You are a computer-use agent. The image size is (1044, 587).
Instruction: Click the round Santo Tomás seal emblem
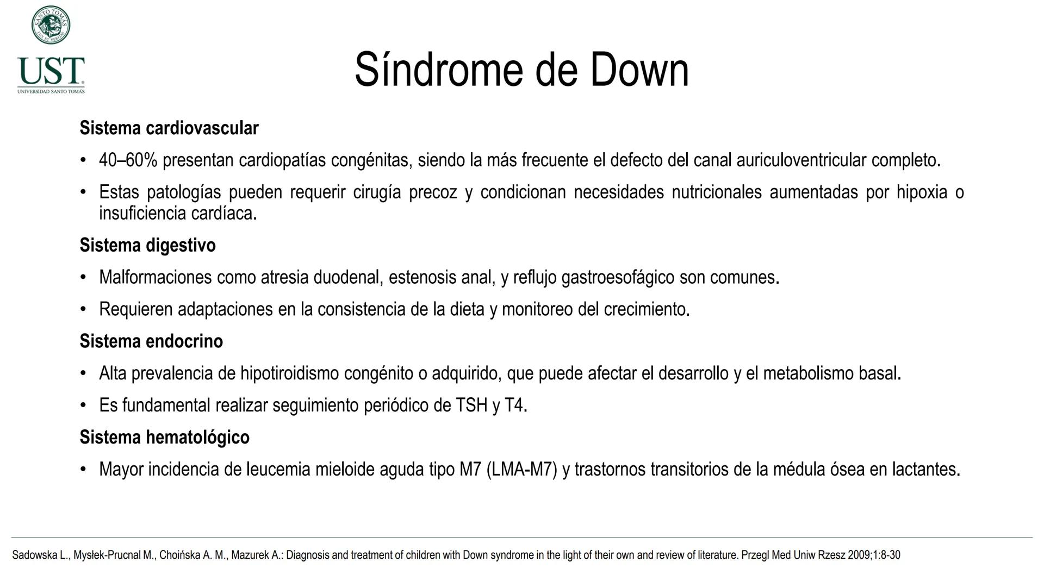click(x=51, y=25)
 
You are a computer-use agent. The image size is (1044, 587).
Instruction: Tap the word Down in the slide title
click(x=639, y=70)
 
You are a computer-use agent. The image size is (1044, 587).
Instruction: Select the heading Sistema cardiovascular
click(x=169, y=128)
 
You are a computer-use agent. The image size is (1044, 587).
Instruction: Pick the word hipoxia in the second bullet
click(x=922, y=192)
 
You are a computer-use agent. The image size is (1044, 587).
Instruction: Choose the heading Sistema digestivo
click(x=147, y=245)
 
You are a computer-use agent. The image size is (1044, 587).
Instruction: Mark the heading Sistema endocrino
click(x=151, y=341)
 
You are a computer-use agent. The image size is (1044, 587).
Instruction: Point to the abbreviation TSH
click(x=471, y=405)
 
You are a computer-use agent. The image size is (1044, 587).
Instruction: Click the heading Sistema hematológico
click(x=164, y=438)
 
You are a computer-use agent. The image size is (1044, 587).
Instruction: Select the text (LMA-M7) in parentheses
click(x=521, y=469)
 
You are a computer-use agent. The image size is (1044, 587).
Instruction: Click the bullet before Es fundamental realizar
click(x=83, y=405)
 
